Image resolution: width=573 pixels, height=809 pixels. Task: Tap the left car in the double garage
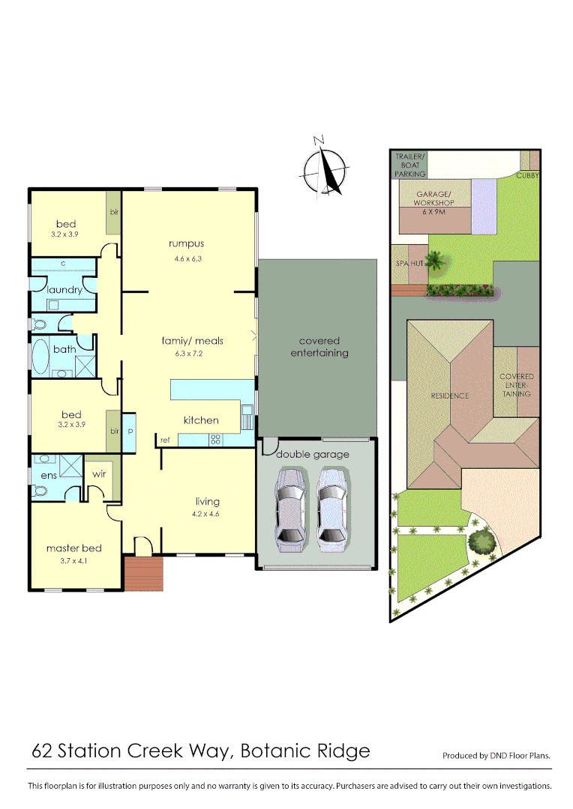[290, 509]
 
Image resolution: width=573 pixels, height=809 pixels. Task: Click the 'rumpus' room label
[187, 243]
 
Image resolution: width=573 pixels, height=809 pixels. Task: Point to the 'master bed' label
[73, 548]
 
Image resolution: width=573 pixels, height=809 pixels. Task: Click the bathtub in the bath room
[38, 358]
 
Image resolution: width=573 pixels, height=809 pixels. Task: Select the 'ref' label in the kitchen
[163, 440]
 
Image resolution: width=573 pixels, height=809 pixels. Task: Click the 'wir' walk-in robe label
[99, 474]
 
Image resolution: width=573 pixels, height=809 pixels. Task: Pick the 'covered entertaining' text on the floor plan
[319, 347]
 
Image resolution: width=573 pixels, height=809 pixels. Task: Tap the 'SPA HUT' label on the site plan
[409, 264]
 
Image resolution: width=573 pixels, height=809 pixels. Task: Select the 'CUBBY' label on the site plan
[528, 175]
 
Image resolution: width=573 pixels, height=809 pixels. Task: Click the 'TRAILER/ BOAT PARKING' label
[410, 165]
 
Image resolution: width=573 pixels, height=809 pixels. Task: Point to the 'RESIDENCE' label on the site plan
[450, 396]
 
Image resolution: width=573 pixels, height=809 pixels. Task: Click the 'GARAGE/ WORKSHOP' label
[435, 199]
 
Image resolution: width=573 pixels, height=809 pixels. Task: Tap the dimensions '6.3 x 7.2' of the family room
[193, 355]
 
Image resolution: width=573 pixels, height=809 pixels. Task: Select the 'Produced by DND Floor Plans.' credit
[496, 756]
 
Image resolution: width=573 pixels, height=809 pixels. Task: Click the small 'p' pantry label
[130, 432]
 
